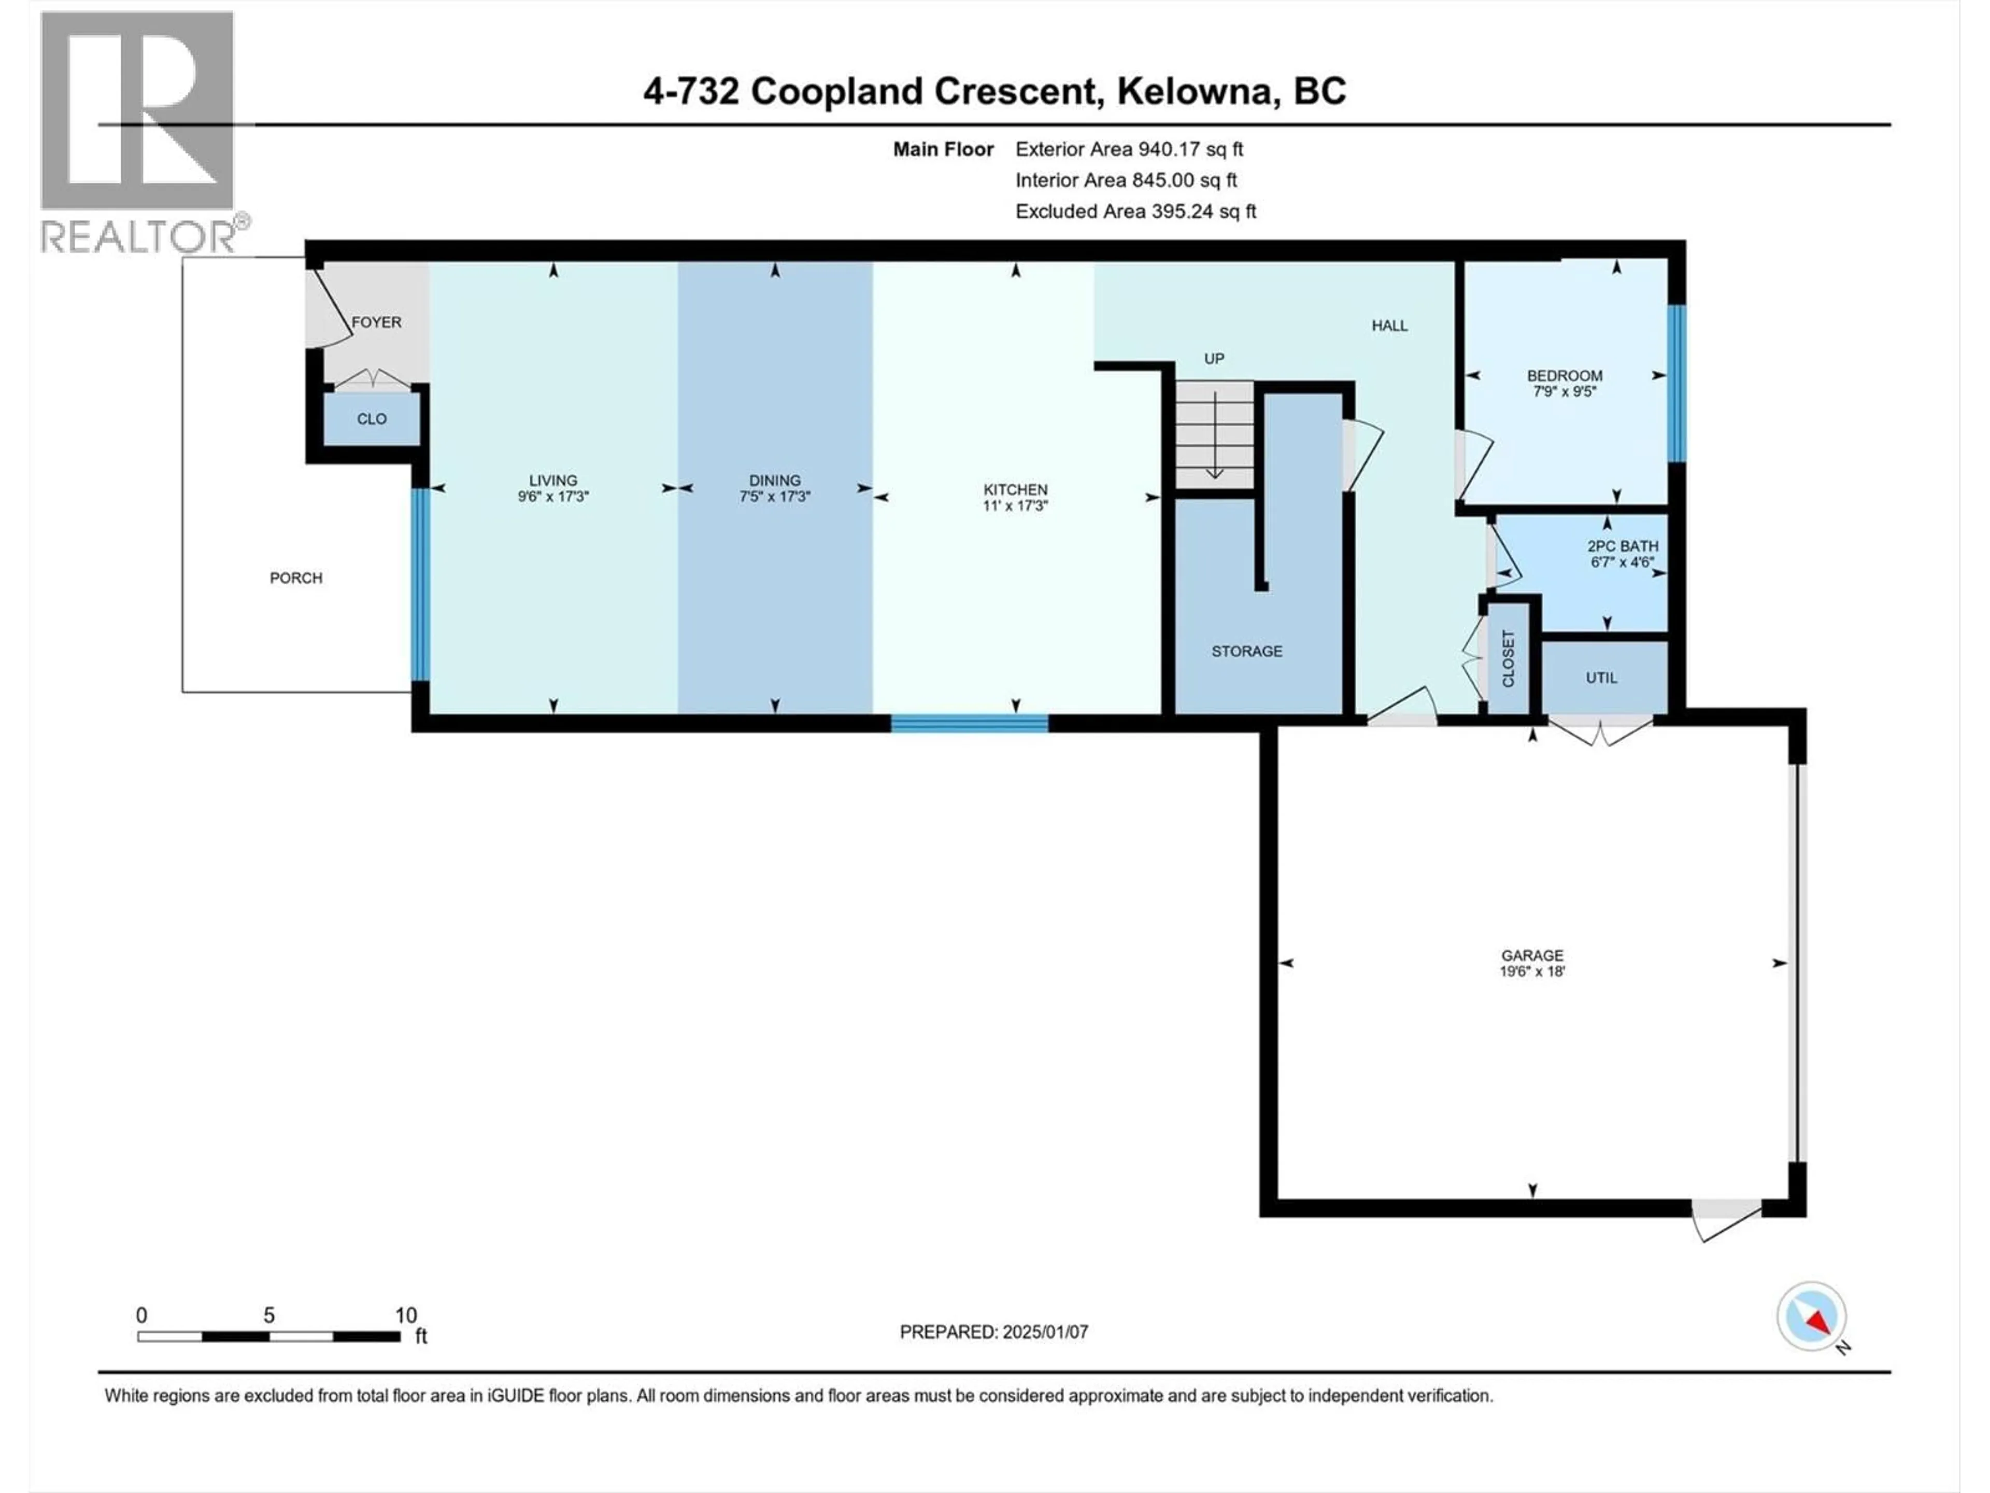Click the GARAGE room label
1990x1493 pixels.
1531,955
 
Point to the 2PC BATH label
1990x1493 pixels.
1622,545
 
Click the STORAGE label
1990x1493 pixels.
1246,651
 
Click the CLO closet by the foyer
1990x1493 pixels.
372,418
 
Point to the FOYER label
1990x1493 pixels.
376,322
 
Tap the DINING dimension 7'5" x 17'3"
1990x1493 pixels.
775,496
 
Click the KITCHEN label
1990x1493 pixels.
1015,489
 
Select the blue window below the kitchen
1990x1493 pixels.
969,723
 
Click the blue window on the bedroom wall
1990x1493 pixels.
1676,384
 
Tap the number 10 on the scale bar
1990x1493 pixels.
406,1315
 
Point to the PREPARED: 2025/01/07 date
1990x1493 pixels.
993,1332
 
